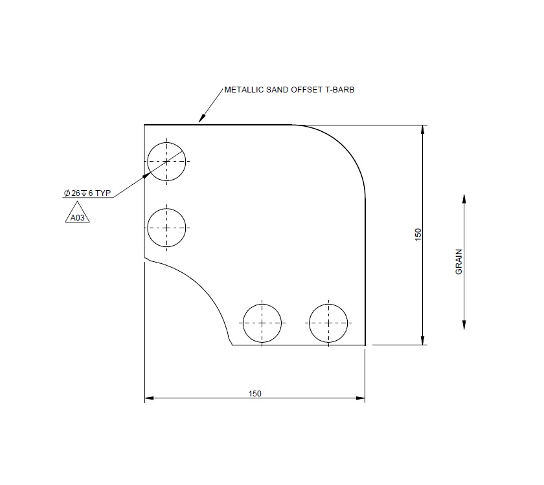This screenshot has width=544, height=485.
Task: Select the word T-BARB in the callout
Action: coord(338,91)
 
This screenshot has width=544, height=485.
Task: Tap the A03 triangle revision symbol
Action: coord(78,217)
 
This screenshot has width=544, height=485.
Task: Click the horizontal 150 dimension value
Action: coord(255,393)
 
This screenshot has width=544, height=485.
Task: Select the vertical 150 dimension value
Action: coord(418,234)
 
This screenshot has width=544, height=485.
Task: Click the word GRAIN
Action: coord(459,263)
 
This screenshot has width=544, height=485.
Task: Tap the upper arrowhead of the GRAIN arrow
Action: coord(464,198)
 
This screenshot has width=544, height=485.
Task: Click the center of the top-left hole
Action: coord(166,160)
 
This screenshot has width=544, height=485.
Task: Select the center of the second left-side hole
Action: coord(166,227)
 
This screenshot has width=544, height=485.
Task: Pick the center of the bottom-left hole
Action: coord(262,322)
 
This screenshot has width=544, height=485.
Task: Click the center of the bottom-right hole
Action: coord(328,322)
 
